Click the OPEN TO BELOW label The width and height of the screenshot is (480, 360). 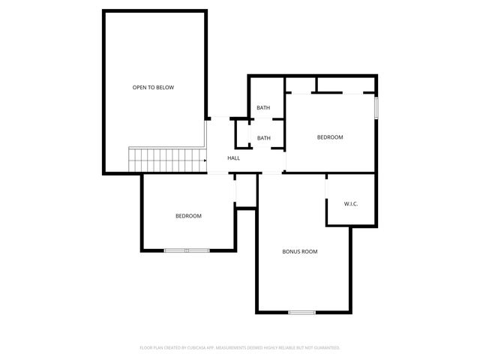coord(153,88)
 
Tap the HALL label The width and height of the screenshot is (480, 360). coord(234,158)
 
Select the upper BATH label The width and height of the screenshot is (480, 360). coord(263,108)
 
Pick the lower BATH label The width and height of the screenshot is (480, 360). coord(264,138)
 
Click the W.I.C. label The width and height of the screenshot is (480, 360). coord(351,204)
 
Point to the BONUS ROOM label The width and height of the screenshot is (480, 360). coord(299,251)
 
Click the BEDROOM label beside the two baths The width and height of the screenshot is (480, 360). coord(330,137)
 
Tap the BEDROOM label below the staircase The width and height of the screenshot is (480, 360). coord(188,216)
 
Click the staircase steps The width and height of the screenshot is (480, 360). coord(167,160)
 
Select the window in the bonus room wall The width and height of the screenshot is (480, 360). coord(301,312)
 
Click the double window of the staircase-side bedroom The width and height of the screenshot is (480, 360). coord(187,250)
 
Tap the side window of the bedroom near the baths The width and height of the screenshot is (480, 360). coord(376,107)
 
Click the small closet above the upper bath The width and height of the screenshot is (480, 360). coord(267,84)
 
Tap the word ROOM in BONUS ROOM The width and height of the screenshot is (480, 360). coord(309,251)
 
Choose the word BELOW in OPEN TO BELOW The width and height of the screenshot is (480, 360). coord(164,88)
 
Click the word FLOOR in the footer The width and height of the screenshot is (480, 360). coord(146,348)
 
